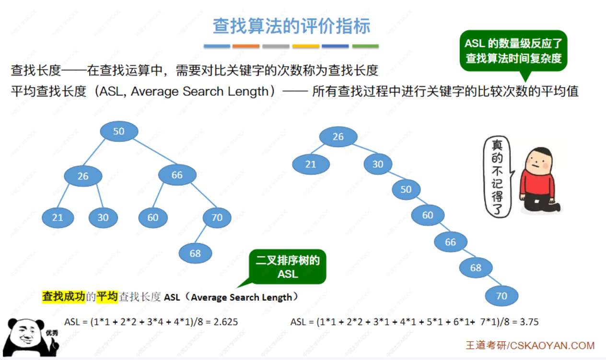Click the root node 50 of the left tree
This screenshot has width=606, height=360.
click(x=119, y=131)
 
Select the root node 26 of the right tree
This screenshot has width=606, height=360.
click(x=338, y=137)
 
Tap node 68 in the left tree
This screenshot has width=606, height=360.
click(x=195, y=253)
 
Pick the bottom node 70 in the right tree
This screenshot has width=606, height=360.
click(x=501, y=296)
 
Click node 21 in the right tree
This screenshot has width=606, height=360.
click(x=311, y=164)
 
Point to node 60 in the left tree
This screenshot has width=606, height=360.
click(x=153, y=218)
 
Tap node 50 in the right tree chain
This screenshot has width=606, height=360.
click(x=406, y=190)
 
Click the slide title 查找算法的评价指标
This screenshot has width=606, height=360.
click(x=291, y=26)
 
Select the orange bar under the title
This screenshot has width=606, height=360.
click(x=246, y=46)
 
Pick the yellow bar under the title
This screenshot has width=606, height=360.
click(x=305, y=46)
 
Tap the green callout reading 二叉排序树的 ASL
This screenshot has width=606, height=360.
click(x=288, y=267)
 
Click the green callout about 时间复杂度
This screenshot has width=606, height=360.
click(x=513, y=50)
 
